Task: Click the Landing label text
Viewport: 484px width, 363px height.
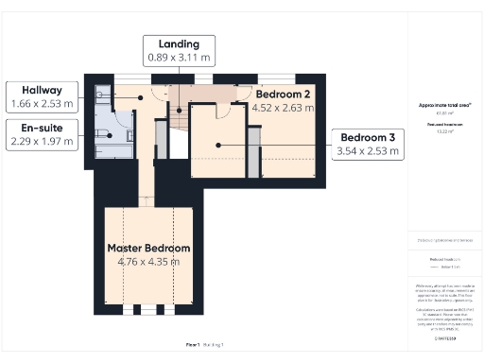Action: click(x=180, y=43)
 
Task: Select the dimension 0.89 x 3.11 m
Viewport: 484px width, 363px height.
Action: click(x=180, y=58)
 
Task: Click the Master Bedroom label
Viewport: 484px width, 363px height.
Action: click(x=148, y=248)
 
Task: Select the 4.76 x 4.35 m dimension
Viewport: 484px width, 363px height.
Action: click(x=148, y=261)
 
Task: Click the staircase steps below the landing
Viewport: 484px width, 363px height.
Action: click(x=164, y=142)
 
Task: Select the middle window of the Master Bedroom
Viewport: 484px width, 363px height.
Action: click(x=148, y=309)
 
